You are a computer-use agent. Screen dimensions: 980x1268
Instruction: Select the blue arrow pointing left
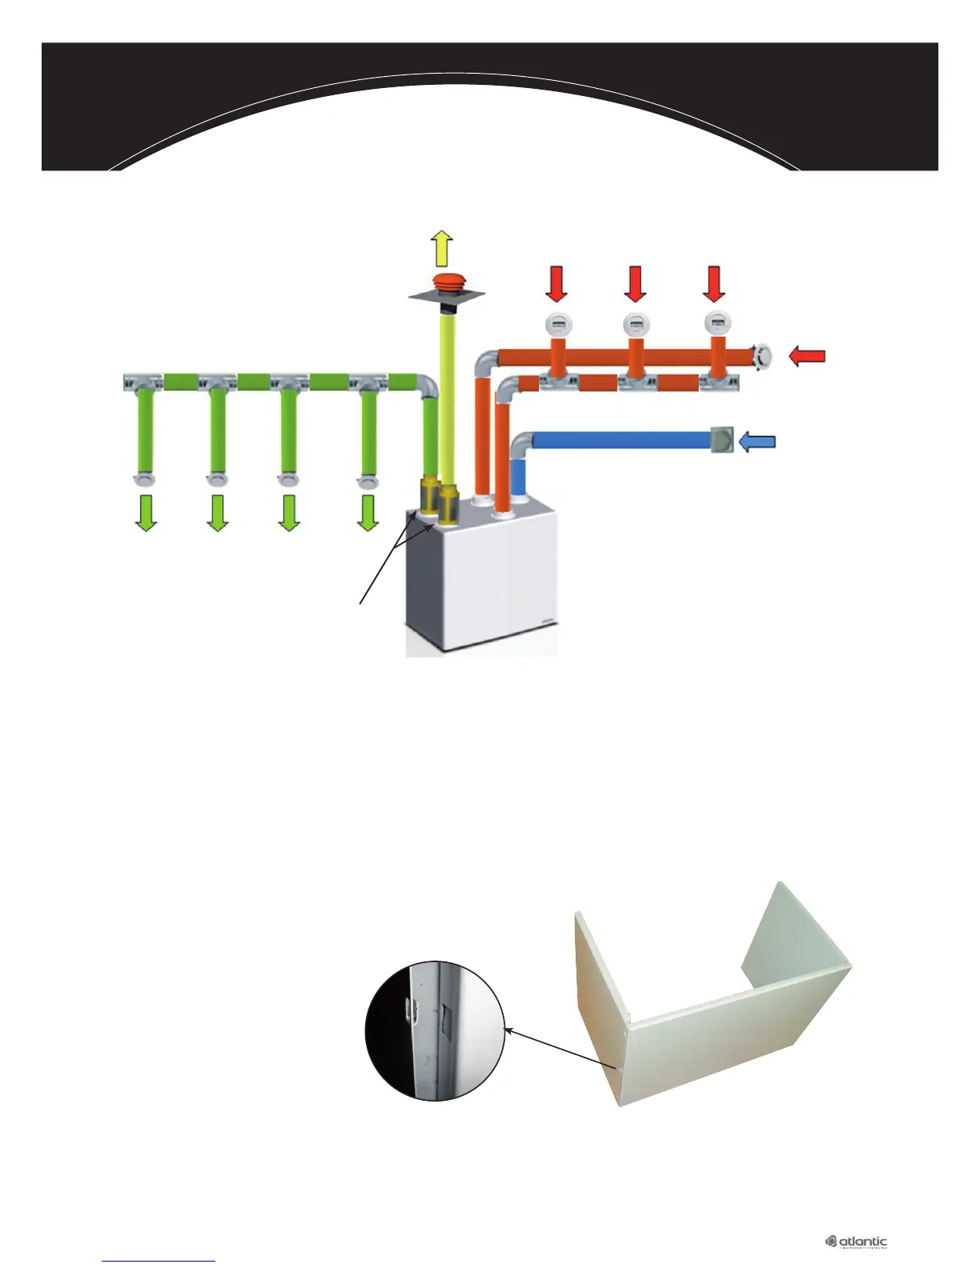coord(757,441)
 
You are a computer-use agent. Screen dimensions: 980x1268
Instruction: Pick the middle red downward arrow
coord(635,284)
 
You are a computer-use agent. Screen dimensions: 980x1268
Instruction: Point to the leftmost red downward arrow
coord(556,284)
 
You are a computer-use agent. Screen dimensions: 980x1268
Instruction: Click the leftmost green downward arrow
coord(145,513)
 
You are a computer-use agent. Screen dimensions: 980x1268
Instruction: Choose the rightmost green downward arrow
coord(367,513)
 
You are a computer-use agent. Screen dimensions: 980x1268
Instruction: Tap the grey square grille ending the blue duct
coord(722,440)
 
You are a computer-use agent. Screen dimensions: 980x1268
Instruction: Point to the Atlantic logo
coord(857,1242)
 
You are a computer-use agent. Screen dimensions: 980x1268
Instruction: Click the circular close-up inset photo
coord(436,1031)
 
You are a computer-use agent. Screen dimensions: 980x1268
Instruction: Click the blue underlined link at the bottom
coord(159,1261)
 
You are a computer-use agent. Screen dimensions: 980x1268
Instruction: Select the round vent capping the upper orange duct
coord(761,355)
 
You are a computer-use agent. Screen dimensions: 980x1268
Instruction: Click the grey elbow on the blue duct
coord(521,445)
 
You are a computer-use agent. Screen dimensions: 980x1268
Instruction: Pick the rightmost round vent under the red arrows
coord(715,324)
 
